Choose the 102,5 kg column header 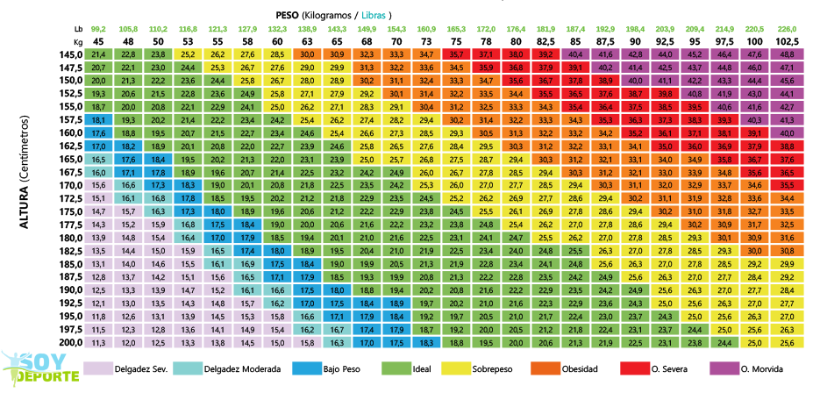pyautogui.click(x=787, y=41)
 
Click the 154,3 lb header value pyautogui.click(x=396, y=29)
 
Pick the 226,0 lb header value pyautogui.click(x=787, y=29)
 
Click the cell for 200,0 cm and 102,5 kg pyautogui.click(x=787, y=342)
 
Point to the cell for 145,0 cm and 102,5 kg pyautogui.click(x=787, y=54)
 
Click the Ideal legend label pyautogui.click(x=421, y=369)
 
